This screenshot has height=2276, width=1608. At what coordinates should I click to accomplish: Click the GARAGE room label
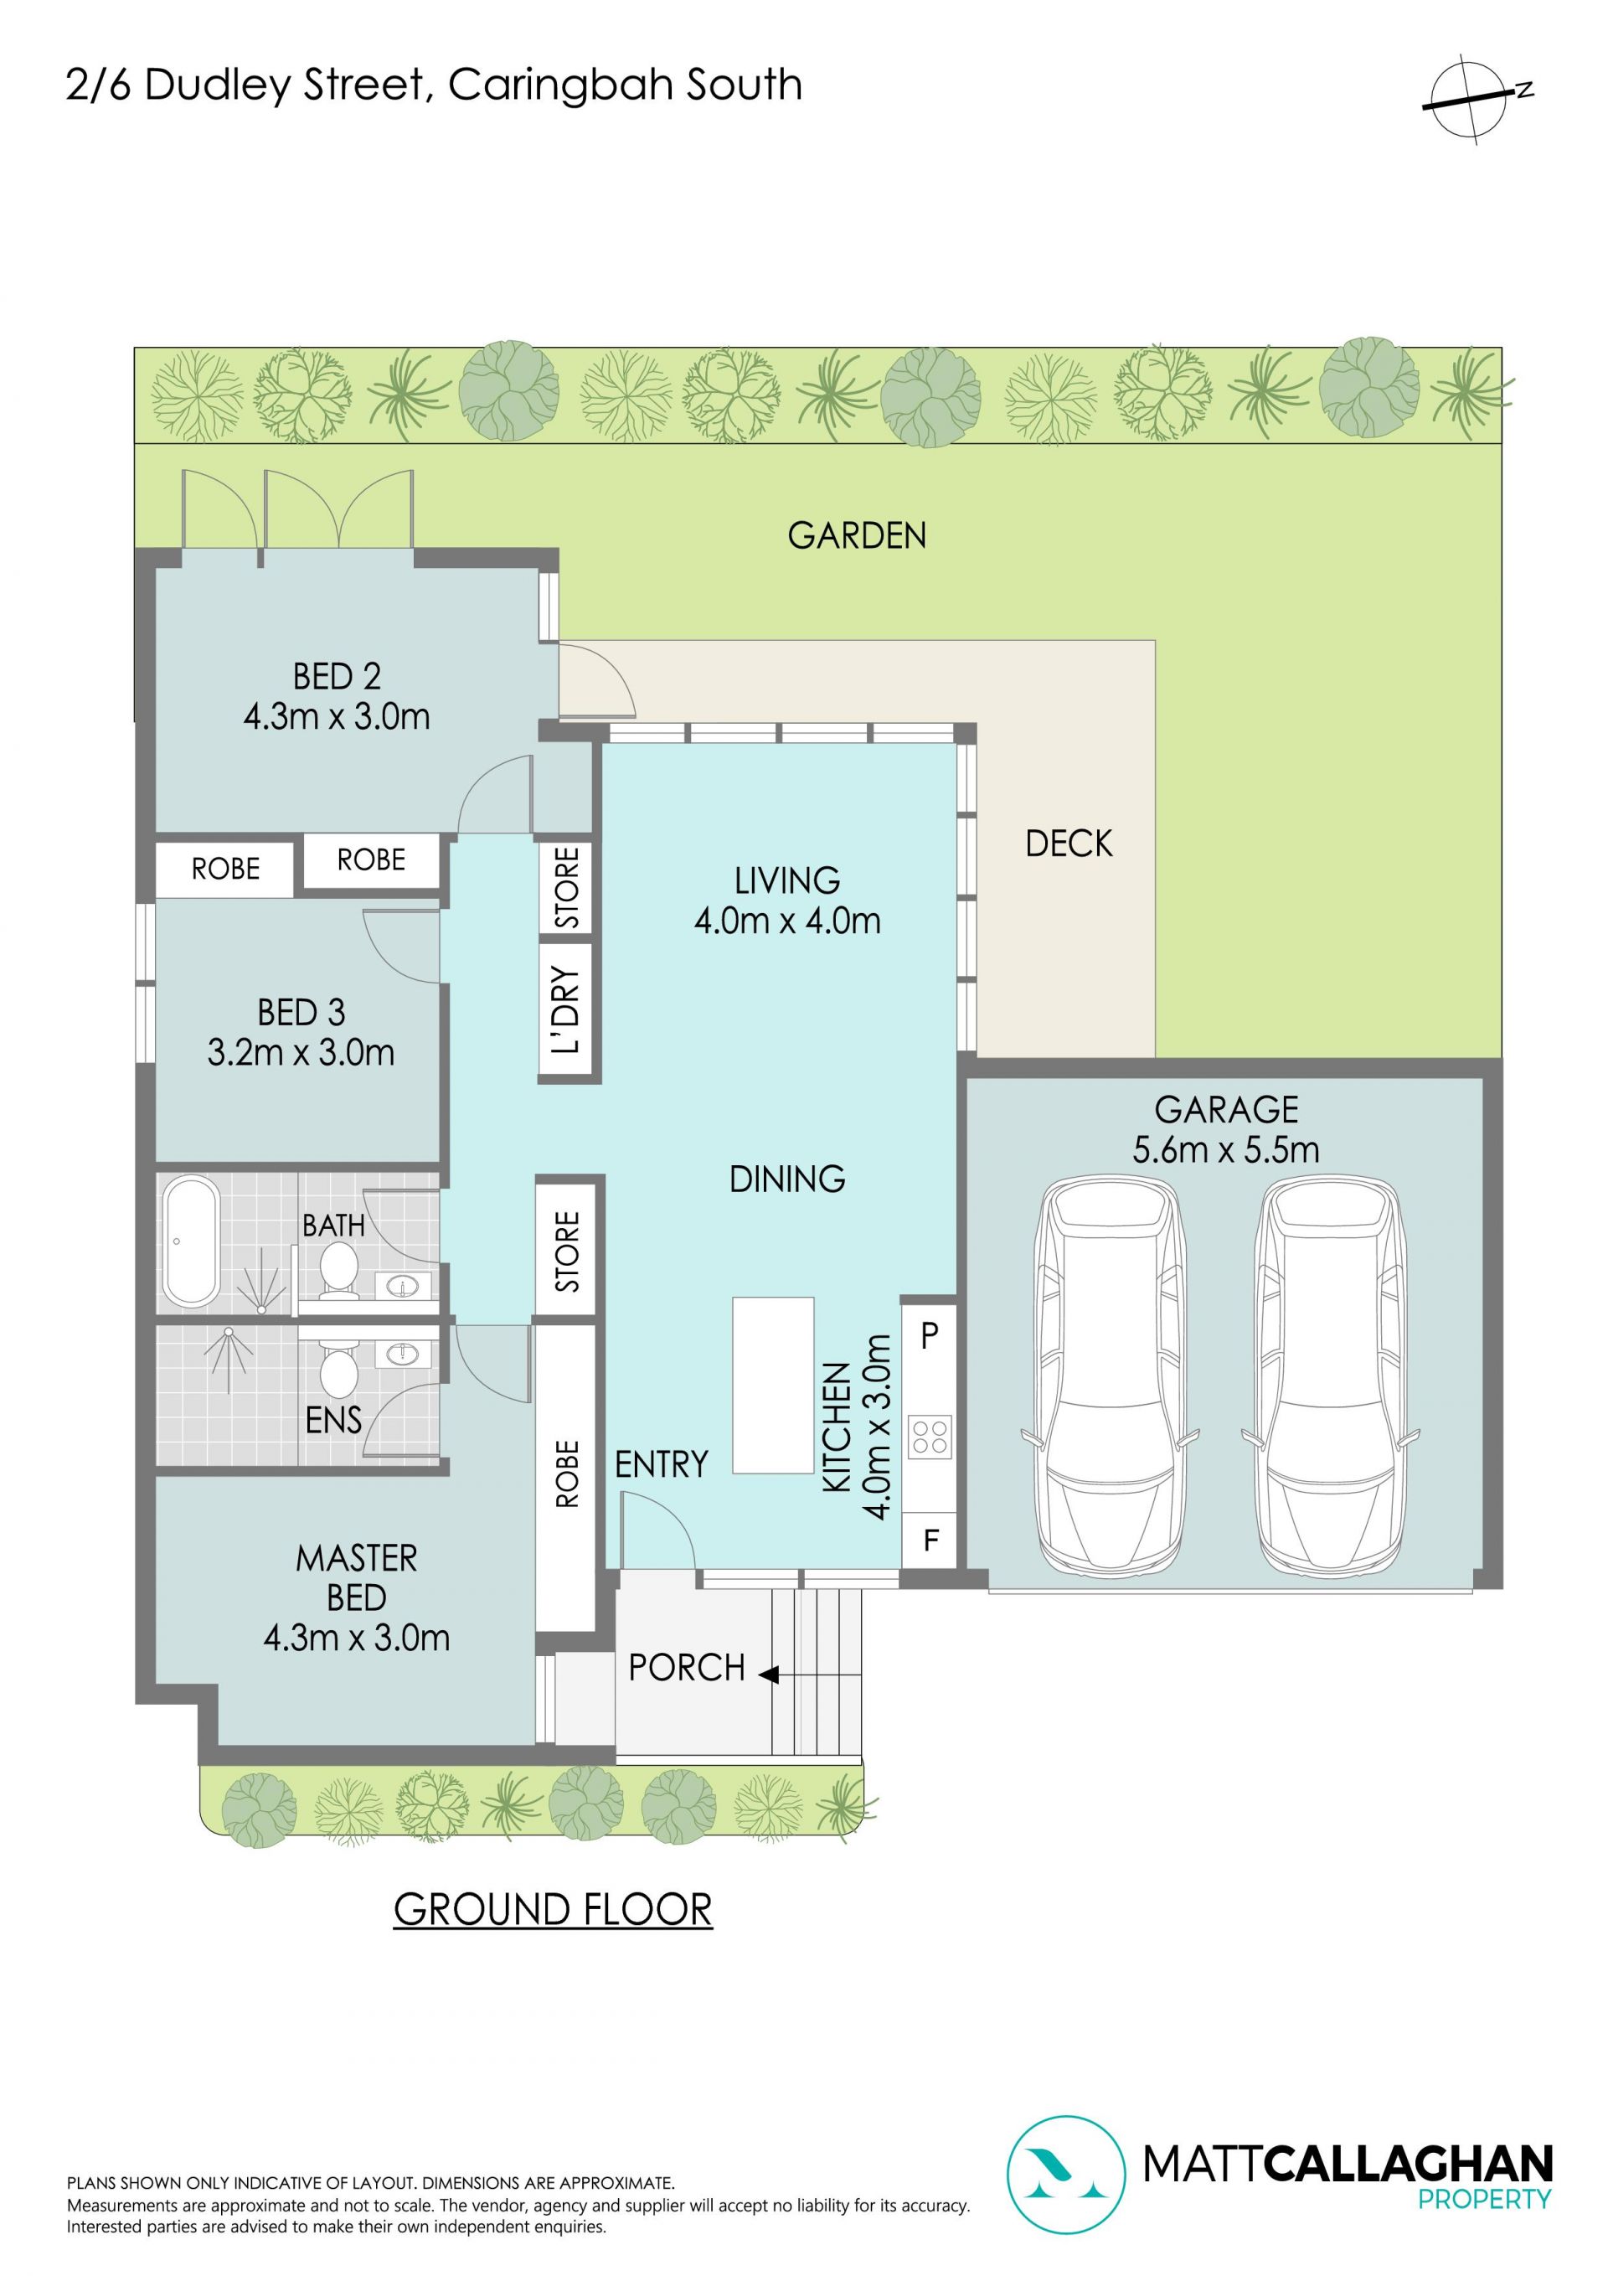(1226, 1109)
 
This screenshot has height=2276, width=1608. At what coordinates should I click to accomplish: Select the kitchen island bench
(773, 1385)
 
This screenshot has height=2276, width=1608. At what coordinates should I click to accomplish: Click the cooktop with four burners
(930, 1436)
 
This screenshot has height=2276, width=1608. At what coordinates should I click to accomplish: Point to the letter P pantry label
(929, 1335)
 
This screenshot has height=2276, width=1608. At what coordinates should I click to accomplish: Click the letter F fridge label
(931, 1541)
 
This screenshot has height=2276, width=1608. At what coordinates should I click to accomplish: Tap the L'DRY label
(566, 1009)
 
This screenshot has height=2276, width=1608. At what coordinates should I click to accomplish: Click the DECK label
(1069, 844)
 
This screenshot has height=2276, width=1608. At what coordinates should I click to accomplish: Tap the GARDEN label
(857, 535)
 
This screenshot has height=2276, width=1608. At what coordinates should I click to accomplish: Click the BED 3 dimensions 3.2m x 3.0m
(301, 1052)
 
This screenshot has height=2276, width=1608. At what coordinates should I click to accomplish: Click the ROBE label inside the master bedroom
(567, 1474)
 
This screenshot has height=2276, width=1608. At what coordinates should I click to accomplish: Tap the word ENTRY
(662, 1464)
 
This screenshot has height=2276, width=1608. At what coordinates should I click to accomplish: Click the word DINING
(787, 1179)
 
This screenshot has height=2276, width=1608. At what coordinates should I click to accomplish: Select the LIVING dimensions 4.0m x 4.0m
(787, 921)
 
